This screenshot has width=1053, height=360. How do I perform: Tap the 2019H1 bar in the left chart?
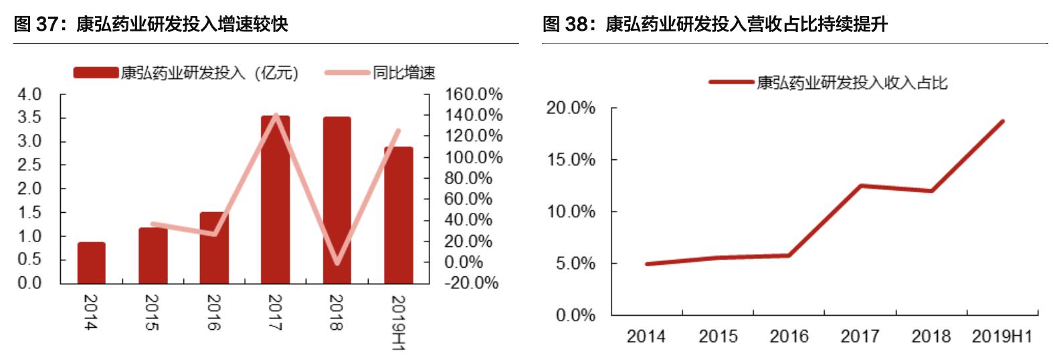coord(398,215)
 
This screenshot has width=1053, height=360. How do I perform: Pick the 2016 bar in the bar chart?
coord(214,248)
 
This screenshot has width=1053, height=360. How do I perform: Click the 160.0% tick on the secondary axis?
coord(474,94)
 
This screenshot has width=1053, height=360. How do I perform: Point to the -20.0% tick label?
coord(471,283)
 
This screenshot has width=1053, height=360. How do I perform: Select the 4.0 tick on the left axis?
coord(29,94)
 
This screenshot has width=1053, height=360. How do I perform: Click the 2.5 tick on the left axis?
coord(29,165)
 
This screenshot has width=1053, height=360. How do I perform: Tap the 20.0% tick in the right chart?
coord(571,108)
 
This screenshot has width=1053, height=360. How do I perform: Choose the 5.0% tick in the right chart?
coord(573,264)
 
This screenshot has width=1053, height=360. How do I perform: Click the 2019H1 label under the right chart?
coord(1001,336)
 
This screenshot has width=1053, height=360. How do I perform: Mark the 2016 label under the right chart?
coord(789,336)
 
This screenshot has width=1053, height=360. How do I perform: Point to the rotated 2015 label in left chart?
coord(152,312)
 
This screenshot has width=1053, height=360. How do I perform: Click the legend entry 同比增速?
coord(403,72)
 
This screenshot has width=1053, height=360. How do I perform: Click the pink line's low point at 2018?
coord(337,262)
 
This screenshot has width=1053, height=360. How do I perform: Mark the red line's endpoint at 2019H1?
coord(1003,121)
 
